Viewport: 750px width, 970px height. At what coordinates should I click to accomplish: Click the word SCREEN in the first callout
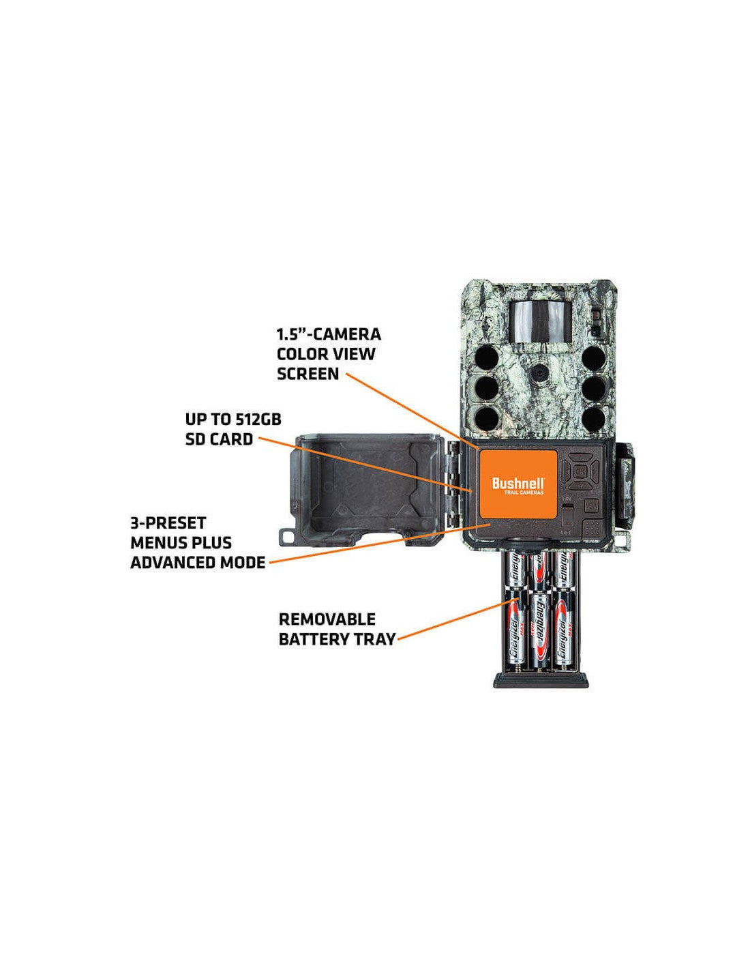307,374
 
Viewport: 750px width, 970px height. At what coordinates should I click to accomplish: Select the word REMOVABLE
327,619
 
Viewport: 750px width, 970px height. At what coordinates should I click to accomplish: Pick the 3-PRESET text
168,523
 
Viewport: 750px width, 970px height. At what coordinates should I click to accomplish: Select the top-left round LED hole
486,358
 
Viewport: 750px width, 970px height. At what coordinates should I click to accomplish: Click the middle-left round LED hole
486,387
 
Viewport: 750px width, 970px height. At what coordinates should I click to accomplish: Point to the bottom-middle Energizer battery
540,630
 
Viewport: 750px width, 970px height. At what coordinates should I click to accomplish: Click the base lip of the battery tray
540,679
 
